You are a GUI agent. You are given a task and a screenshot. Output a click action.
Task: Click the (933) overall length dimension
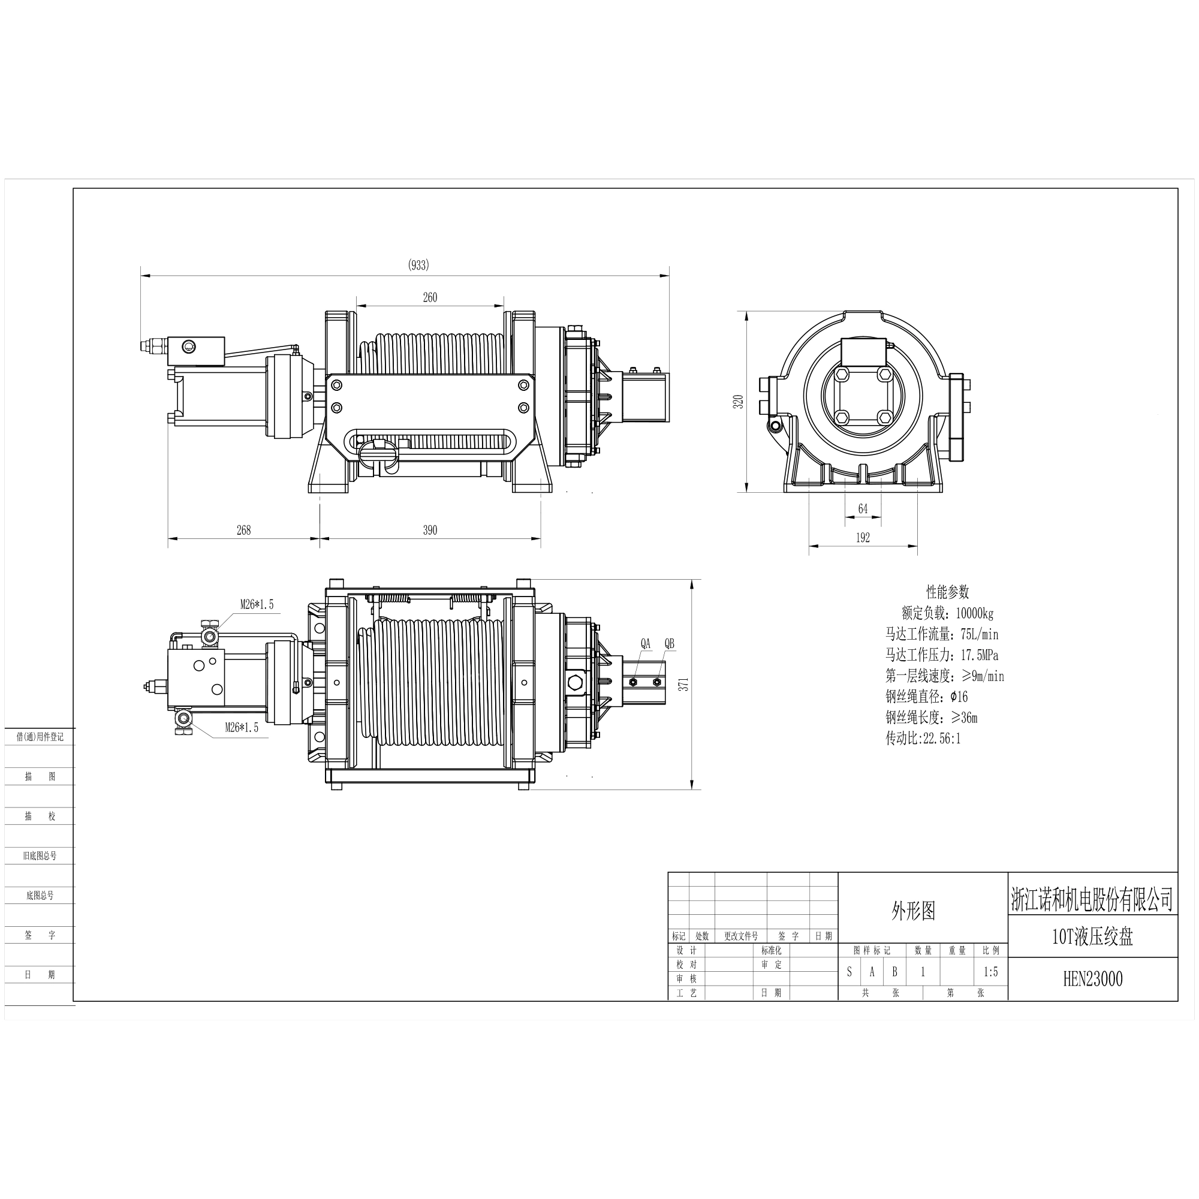pos(418,265)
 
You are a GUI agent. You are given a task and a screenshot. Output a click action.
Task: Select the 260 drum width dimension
pos(430,297)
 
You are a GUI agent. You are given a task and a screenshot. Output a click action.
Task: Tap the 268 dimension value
pos(244,529)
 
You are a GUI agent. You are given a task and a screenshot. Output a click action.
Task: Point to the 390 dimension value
pos(430,530)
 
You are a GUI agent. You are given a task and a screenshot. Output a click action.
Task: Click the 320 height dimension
pos(738,402)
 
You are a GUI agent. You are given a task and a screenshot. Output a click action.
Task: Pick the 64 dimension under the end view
pos(863,509)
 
